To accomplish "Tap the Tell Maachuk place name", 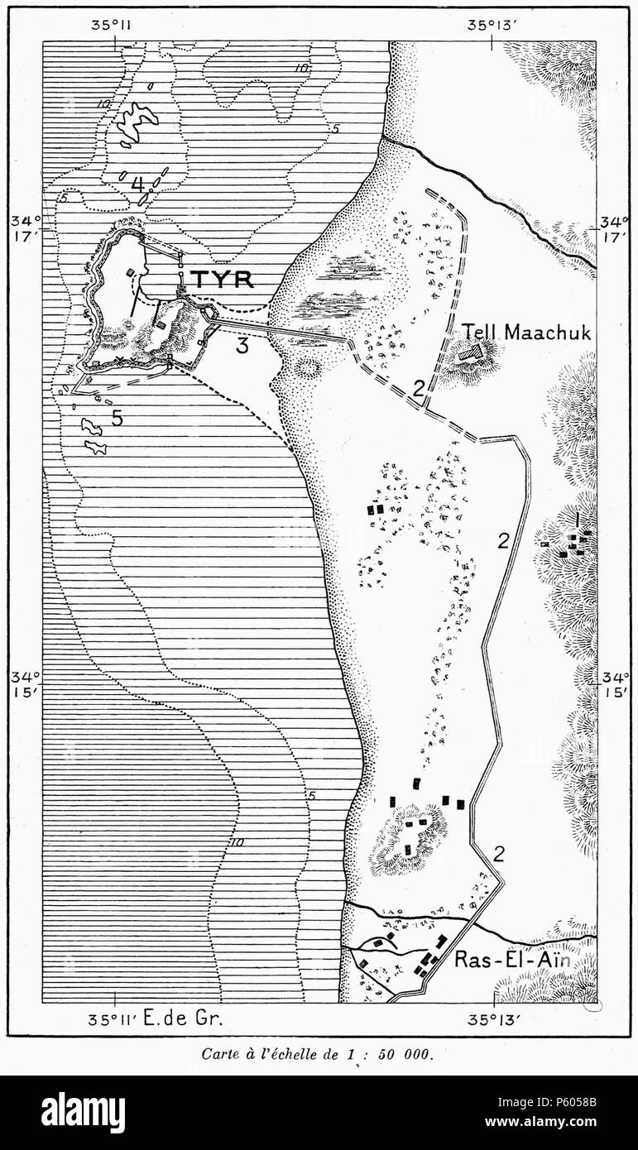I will click(x=527, y=333).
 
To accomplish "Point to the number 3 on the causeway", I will click(x=242, y=346).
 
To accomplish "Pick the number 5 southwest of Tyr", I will click(x=118, y=419).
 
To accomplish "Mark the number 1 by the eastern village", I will click(x=577, y=519).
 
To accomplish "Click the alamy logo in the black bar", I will click(x=84, y=1113).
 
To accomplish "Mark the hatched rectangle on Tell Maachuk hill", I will click(x=471, y=353).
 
